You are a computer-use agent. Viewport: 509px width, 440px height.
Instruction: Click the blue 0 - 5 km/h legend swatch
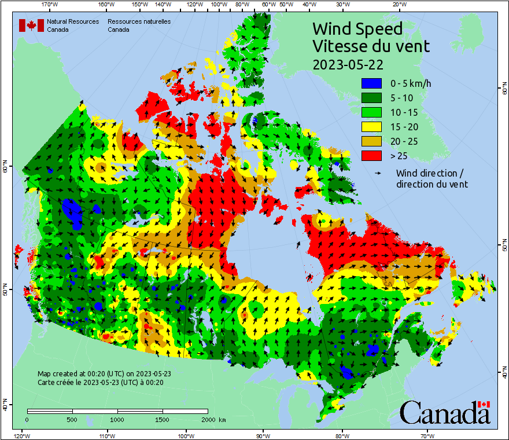tap(371, 83)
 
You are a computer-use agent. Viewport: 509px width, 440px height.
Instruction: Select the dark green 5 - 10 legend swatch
tap(371, 98)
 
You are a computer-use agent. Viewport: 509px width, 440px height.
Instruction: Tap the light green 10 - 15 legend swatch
tap(371, 112)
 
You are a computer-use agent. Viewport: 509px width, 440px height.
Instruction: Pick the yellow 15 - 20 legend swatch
tap(371, 127)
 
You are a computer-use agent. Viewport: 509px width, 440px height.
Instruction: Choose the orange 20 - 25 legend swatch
tap(371, 141)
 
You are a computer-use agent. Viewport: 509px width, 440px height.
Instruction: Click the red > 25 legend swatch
tap(371, 156)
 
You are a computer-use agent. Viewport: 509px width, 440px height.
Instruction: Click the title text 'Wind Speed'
tap(357, 28)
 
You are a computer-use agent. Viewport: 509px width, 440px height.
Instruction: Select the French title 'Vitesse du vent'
tap(371, 46)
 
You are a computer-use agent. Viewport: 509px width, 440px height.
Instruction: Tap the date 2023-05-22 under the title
tap(347, 64)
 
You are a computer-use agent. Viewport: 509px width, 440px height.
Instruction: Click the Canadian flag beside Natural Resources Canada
tap(31, 25)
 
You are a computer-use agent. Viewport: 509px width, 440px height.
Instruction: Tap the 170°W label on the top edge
tap(50, 5)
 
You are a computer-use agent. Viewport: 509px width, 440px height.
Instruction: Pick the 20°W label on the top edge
tap(398, 5)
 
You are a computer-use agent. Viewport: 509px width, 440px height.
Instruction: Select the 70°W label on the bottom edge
tap(427, 435)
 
